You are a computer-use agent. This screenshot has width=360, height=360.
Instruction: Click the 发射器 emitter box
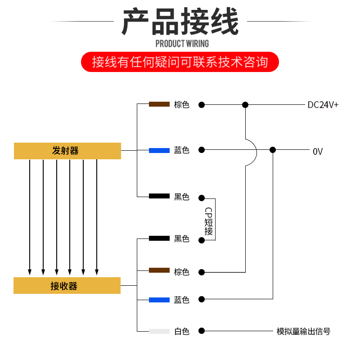click(x=67, y=151)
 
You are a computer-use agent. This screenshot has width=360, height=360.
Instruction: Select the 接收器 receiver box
click(x=67, y=286)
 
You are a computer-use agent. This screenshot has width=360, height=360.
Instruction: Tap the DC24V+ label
click(x=323, y=105)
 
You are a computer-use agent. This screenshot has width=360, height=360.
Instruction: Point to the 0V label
click(x=318, y=152)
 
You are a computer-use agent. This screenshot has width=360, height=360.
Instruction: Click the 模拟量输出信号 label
click(x=303, y=332)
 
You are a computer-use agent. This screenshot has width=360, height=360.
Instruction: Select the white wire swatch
click(x=159, y=331)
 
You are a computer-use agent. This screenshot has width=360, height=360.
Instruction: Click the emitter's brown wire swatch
click(x=159, y=104)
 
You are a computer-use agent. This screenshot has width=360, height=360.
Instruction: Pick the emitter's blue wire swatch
click(x=159, y=150)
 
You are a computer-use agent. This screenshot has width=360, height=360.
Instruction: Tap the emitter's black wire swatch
click(x=159, y=196)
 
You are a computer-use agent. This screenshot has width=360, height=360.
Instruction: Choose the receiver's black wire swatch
click(x=159, y=238)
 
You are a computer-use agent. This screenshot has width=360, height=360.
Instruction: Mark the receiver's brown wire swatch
click(x=159, y=270)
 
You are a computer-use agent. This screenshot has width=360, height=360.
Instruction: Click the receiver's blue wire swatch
click(x=159, y=299)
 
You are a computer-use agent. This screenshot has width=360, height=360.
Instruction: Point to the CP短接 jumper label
click(x=208, y=221)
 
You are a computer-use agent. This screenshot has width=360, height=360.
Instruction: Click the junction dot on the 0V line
click(x=272, y=150)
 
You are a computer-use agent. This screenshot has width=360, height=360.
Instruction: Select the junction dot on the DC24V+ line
click(x=245, y=105)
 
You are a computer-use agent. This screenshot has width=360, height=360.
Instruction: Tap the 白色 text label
click(x=182, y=332)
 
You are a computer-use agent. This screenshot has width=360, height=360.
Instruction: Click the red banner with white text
click(x=180, y=62)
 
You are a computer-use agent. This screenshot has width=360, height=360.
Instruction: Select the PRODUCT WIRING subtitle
click(x=182, y=44)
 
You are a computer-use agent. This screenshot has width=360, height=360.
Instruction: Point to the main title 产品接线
click(x=180, y=22)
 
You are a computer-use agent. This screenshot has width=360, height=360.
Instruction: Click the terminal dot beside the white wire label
click(x=202, y=331)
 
